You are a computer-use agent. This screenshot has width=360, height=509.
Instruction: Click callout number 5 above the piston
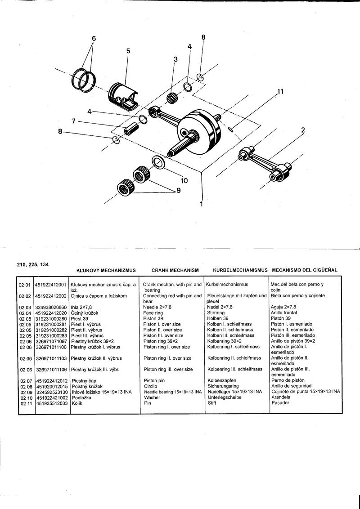128,51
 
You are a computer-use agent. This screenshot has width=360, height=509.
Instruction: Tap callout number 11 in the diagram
280,92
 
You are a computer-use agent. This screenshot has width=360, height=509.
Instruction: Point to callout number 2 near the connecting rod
303,130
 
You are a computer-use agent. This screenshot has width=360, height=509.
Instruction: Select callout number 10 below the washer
184,181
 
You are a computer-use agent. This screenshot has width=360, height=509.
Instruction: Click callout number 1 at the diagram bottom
201,204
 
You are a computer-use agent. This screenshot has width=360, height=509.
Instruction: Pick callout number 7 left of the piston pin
73,121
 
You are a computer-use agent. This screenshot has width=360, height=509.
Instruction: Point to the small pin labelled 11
230,129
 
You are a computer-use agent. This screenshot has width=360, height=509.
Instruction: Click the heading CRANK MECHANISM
175,270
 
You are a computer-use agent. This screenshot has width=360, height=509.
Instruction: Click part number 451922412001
50,285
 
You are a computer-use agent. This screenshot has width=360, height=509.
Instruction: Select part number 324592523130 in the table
50,392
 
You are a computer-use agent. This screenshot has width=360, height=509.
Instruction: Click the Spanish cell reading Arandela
281,397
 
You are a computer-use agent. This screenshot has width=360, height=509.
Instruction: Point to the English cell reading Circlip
150,386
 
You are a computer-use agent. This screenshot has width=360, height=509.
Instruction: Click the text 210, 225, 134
33,264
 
